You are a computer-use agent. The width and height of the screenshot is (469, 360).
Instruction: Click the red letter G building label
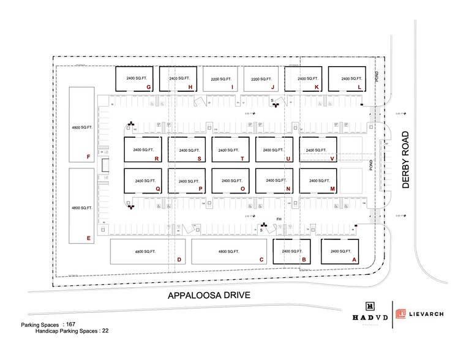[x=149, y=88]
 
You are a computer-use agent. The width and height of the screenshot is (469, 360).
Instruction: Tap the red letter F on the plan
[x=89, y=157]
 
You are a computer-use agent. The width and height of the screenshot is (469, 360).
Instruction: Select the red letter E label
[x=89, y=238]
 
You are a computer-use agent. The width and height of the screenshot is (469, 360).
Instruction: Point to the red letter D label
[x=179, y=260]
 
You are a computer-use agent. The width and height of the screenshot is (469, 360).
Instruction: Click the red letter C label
[x=261, y=260]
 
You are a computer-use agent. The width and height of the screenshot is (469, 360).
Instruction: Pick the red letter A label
[x=353, y=260]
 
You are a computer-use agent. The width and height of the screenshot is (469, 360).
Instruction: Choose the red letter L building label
[x=359, y=88]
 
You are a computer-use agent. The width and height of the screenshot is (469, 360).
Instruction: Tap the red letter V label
[x=332, y=159]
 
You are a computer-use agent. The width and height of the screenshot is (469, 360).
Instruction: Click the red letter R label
[x=157, y=159]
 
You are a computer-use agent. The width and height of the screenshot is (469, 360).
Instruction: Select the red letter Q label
[x=157, y=189]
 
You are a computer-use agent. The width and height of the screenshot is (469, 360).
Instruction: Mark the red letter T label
[x=243, y=159]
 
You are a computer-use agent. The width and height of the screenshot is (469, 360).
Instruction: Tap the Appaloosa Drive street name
[x=209, y=296]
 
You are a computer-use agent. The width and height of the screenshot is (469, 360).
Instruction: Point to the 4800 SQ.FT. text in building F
[x=81, y=128]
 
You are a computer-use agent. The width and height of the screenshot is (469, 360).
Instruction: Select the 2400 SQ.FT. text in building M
[x=318, y=181]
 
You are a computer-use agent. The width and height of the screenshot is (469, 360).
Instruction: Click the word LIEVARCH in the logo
[x=427, y=314]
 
